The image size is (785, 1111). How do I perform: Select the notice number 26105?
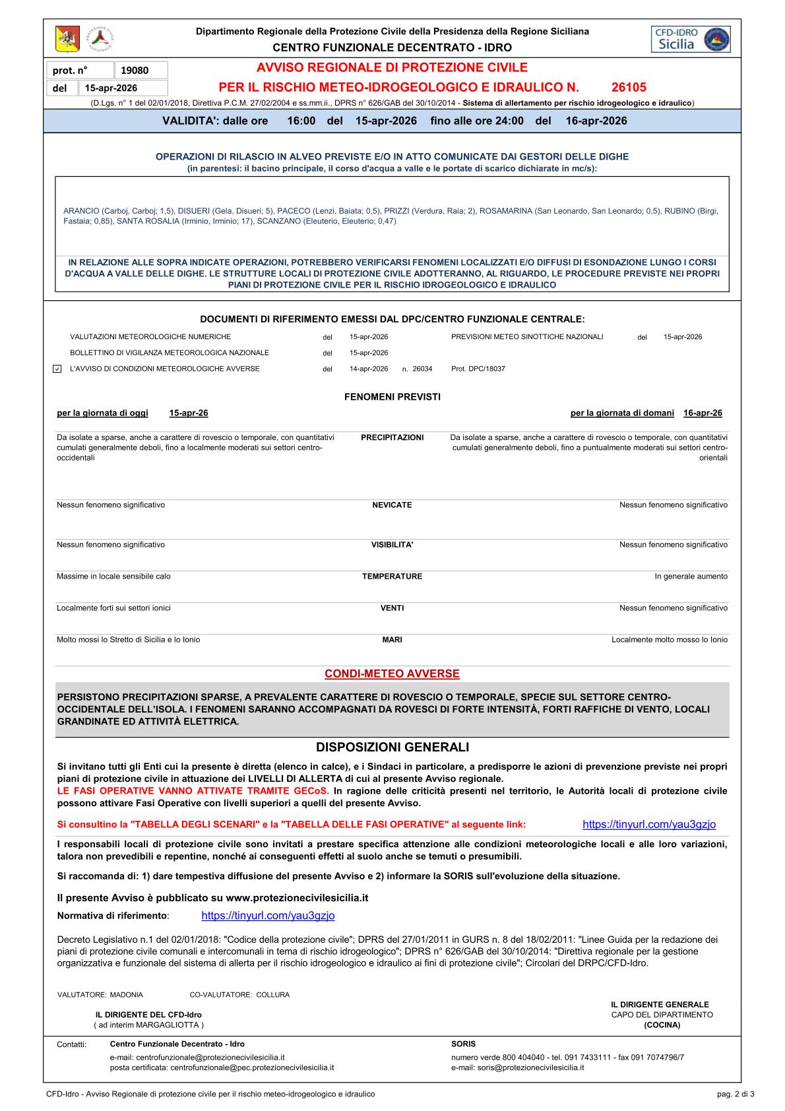coord(629,87)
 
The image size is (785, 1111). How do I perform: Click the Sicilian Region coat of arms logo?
coord(67,40)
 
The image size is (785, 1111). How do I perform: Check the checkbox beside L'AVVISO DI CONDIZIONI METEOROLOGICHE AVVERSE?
coord(57,369)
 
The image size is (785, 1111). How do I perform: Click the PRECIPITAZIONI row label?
coord(392,437)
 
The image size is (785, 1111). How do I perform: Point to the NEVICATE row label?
coord(392,505)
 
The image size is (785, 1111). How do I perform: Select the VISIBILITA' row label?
coord(392,545)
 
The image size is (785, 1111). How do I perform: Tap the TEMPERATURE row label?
coord(392,577)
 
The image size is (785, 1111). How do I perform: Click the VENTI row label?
coord(392,608)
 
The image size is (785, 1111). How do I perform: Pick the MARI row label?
coord(392,640)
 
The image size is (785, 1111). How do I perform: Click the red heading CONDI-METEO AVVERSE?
coord(392,674)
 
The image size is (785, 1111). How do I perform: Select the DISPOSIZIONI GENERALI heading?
coord(392,747)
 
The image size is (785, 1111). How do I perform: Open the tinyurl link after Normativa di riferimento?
coord(268,916)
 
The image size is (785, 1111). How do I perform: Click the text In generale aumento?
coord(691,577)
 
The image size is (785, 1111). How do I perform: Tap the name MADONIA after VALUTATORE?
coord(126,995)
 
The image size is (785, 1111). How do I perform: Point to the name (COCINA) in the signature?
coord(662,1025)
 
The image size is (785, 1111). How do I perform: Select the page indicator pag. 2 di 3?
coord(736,1094)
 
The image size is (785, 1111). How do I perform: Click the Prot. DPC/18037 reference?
coord(478,369)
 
